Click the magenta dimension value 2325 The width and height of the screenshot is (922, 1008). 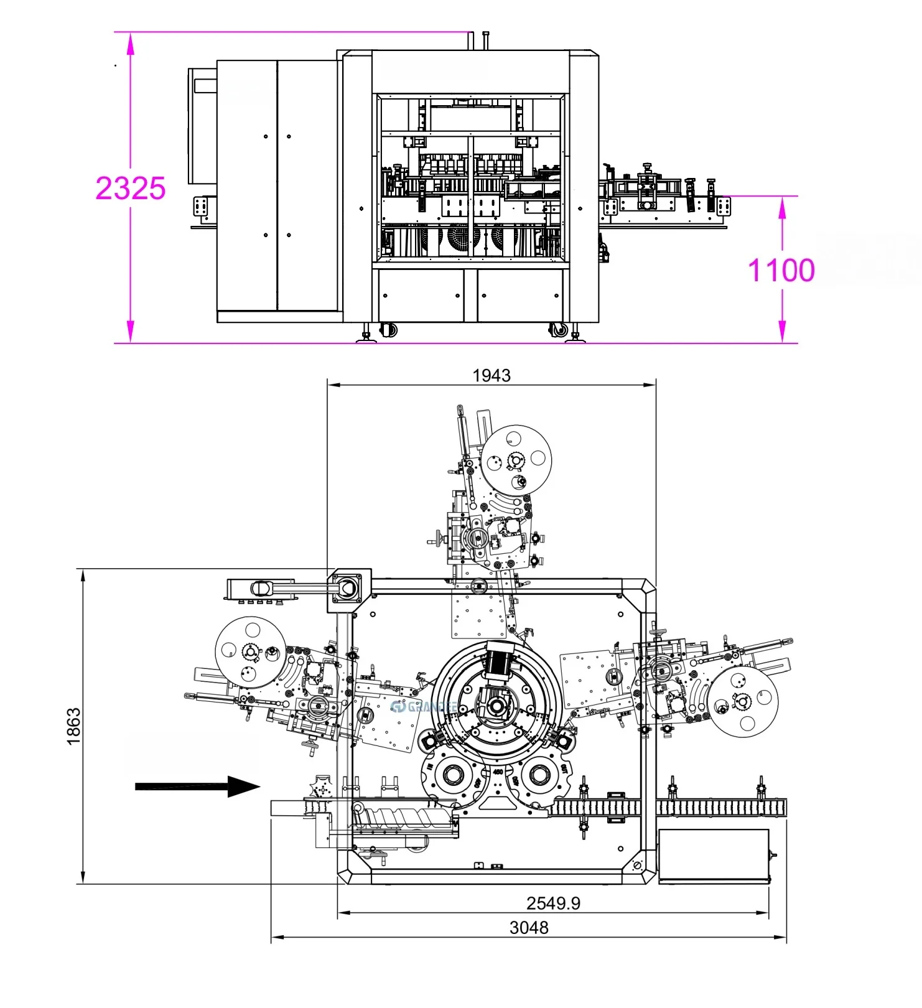pos(131,188)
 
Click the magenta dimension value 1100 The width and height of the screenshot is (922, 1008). pos(781,270)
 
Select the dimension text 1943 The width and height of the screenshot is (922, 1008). pos(491,375)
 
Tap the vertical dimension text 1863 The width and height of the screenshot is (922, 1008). pos(73,726)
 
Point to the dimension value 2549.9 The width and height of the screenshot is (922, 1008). pos(553,903)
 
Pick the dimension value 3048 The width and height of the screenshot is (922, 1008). pos(529,928)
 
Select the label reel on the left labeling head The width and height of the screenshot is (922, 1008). pos(250,651)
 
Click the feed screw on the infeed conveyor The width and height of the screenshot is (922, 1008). pos(404,817)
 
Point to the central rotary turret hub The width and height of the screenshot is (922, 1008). pos(496,706)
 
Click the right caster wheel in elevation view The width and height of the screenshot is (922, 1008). pos(559,329)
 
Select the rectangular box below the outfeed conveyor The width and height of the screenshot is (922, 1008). pos(714,856)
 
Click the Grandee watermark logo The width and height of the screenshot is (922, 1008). pos(423,707)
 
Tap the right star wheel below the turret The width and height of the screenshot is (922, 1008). pos(538,775)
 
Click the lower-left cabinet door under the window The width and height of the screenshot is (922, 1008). pos(421,296)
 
